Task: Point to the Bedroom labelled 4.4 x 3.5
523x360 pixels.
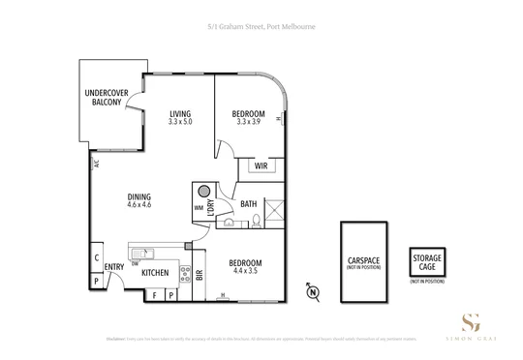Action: pos(244,265)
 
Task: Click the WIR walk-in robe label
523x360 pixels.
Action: pos(261,166)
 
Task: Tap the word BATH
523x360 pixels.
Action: pos(248,203)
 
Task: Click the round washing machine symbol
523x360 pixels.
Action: pos(205,191)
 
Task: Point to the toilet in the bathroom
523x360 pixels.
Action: pos(260,221)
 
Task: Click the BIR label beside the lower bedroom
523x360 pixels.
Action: pos(199,275)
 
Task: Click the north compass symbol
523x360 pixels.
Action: pos(312,289)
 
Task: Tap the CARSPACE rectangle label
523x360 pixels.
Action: pos(364,262)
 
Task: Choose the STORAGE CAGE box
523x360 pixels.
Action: pos(427,262)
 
